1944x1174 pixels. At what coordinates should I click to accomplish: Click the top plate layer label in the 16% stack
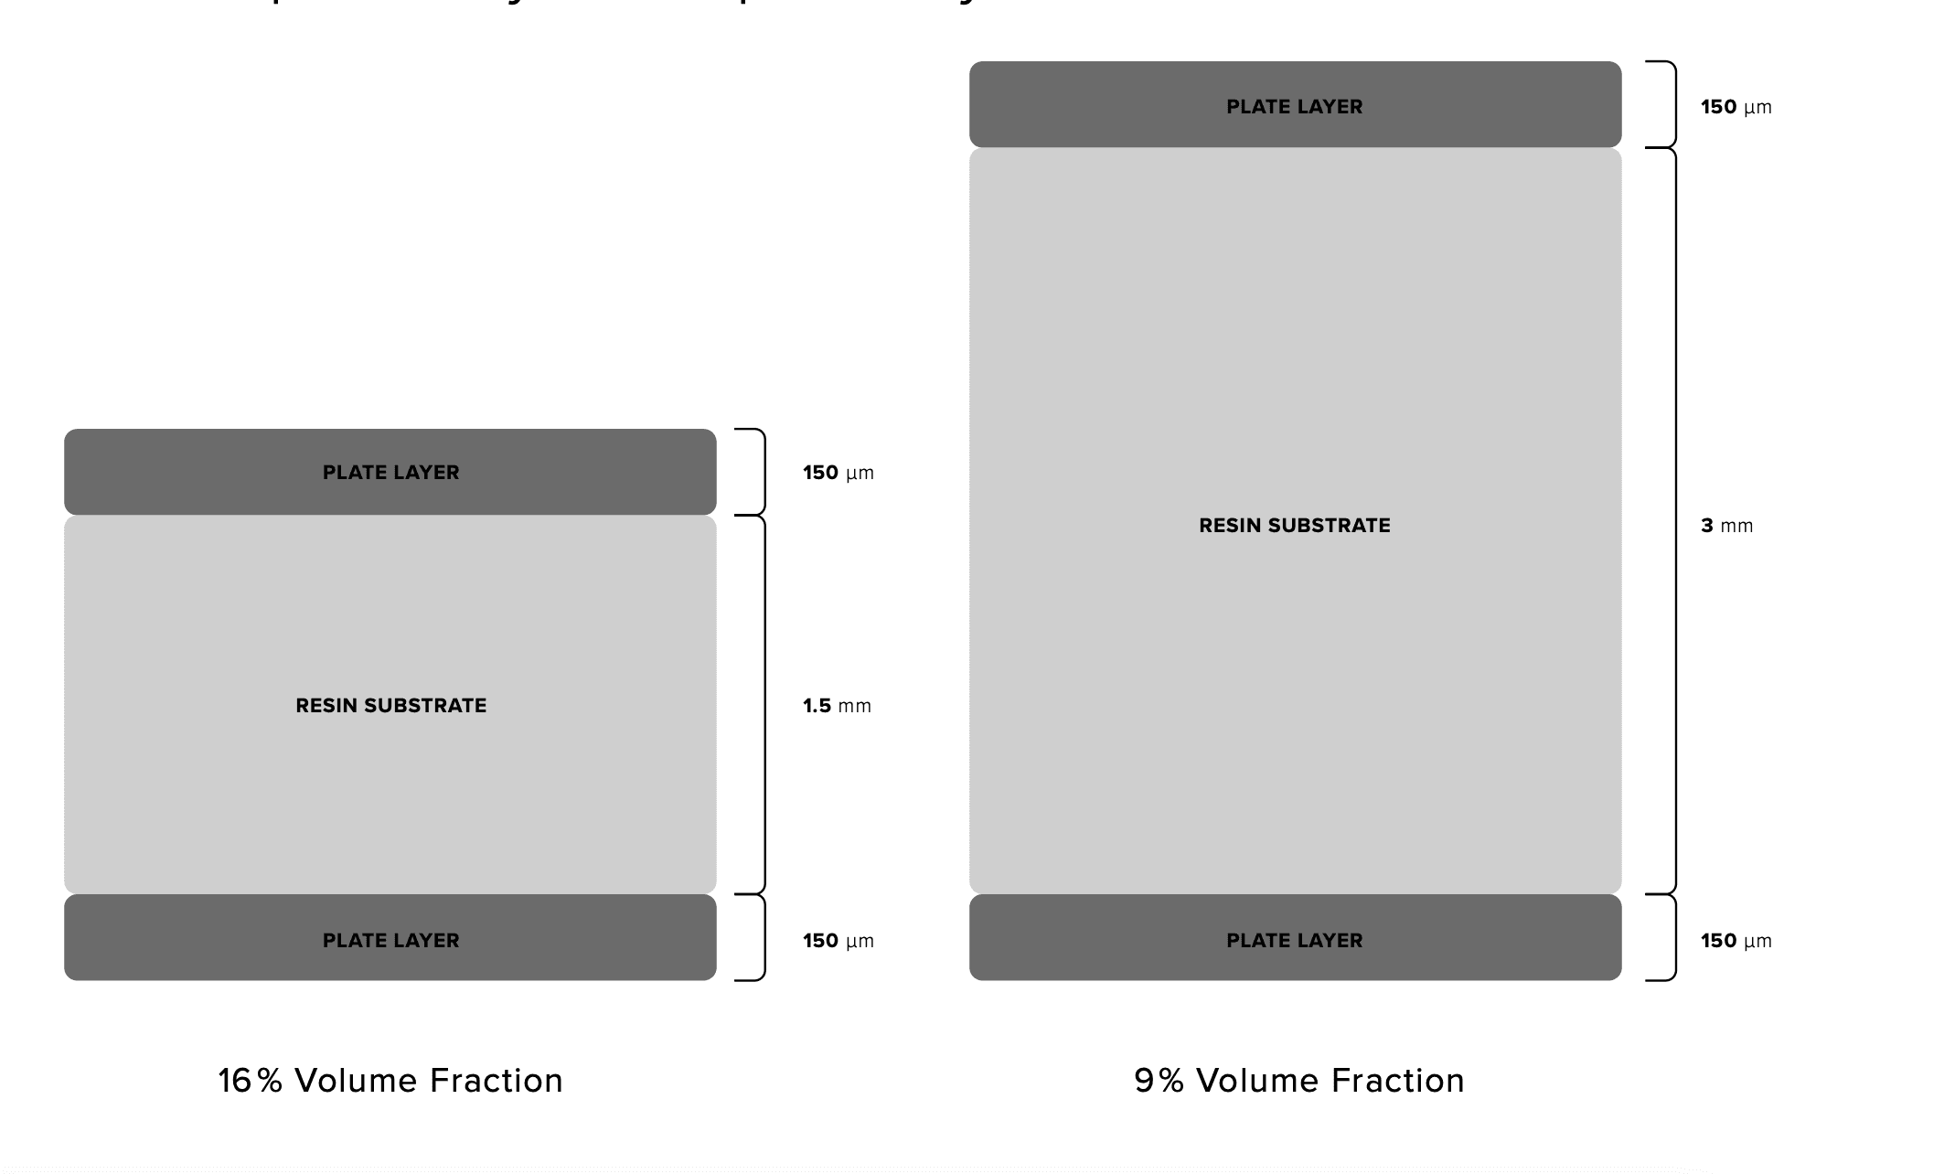pyautogui.click(x=390, y=473)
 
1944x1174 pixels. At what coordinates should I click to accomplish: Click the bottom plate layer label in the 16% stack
pyautogui.click(x=390, y=941)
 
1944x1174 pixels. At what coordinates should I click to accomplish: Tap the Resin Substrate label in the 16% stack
pyautogui.click(x=390, y=706)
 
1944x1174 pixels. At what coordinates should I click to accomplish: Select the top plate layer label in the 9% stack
pyautogui.click(x=1294, y=107)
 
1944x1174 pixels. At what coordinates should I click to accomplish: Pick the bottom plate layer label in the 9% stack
pyautogui.click(x=1294, y=941)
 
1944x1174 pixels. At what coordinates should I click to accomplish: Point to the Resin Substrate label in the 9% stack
pyautogui.click(x=1294, y=526)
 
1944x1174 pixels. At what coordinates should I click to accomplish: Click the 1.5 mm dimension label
pyautogui.click(x=837, y=706)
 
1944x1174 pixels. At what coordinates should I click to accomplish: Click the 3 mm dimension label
pyautogui.click(x=1726, y=526)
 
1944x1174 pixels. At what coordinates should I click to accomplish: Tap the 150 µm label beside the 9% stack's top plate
pyautogui.click(x=1736, y=107)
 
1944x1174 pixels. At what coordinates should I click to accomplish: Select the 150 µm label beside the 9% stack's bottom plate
pyautogui.click(x=1736, y=941)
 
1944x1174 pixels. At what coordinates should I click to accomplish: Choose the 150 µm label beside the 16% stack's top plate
pyautogui.click(x=838, y=473)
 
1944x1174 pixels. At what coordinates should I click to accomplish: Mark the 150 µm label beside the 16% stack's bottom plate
pyautogui.click(x=838, y=941)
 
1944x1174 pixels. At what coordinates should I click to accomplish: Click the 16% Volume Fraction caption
pyautogui.click(x=390, y=1081)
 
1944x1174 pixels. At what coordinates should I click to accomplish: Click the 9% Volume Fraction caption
pyautogui.click(x=1298, y=1081)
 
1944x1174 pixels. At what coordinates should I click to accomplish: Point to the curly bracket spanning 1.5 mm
pyautogui.click(x=762, y=706)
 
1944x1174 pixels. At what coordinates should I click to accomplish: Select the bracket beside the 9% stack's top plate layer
pyautogui.click(x=1672, y=104)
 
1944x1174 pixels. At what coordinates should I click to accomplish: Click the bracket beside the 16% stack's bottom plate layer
pyautogui.click(x=760, y=938)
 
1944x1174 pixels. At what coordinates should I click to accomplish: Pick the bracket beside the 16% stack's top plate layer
pyautogui.click(x=760, y=472)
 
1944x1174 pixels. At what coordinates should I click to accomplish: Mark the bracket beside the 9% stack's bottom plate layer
pyautogui.click(x=1672, y=938)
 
